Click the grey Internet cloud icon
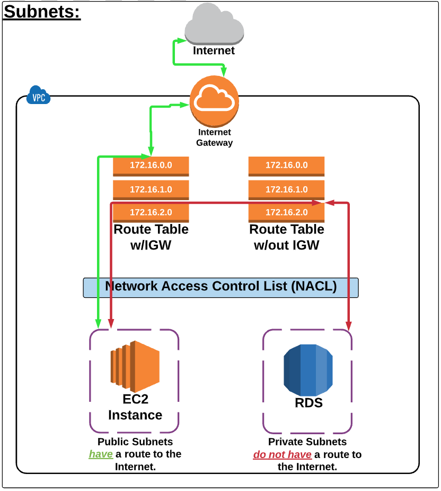(214, 25)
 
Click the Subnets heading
(42, 12)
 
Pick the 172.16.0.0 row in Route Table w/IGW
(151, 166)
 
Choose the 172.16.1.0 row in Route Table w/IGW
(151, 189)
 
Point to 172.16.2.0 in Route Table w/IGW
(151, 212)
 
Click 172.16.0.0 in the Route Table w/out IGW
(286, 166)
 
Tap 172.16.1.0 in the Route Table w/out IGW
(286, 189)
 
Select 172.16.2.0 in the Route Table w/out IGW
(286, 212)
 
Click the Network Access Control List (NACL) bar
(220, 287)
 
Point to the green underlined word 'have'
(101, 454)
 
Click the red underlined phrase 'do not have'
(282, 455)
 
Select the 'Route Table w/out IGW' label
(286, 237)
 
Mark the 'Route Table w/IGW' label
(151, 237)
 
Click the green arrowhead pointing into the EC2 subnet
(98, 322)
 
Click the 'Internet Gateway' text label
(214, 137)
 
